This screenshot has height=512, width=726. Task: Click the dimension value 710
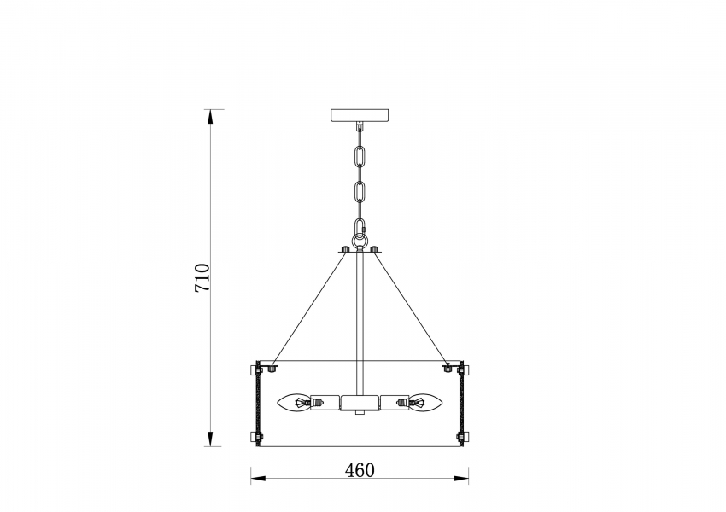(x=202, y=277)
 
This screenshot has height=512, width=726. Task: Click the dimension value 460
(x=360, y=470)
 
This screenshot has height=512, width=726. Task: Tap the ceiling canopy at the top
(x=360, y=114)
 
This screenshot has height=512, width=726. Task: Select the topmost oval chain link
(x=360, y=156)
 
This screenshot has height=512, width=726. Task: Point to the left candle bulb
(x=294, y=403)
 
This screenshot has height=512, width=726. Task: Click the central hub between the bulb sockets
(x=360, y=403)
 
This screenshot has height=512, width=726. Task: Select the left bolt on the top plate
(x=344, y=249)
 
